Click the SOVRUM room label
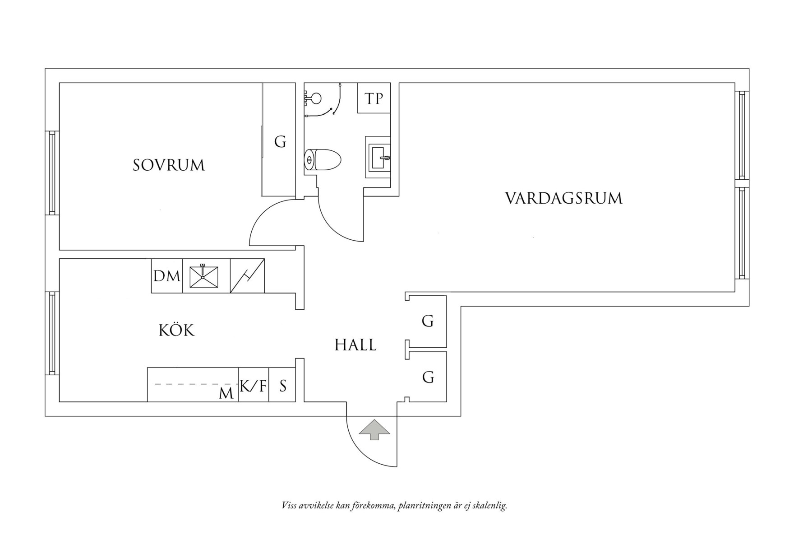[169, 165]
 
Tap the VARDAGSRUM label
[563, 199]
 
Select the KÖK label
[176, 331]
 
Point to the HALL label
[355, 345]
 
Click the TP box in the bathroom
[374, 98]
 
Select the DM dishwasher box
[167, 276]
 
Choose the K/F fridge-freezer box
[254, 386]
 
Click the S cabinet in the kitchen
[283, 386]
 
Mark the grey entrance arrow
[374, 429]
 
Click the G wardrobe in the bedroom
[280, 142]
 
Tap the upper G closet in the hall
[428, 321]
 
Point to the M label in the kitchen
[226, 393]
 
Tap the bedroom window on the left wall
[52, 172]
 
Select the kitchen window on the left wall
[52, 333]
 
